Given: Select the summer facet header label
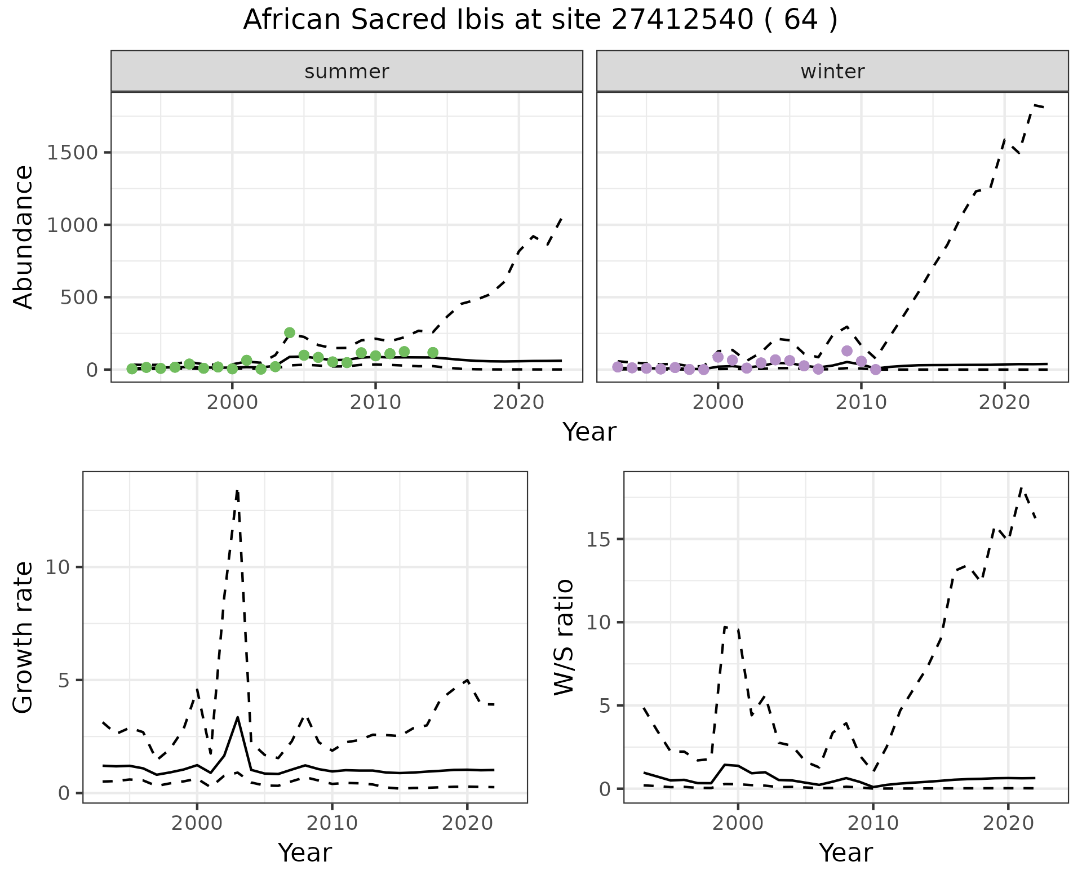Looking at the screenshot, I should (x=347, y=72).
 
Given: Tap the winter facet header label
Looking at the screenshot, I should (x=832, y=72).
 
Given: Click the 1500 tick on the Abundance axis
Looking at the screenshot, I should (x=73, y=153).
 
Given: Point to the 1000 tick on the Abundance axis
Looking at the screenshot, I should (x=73, y=225).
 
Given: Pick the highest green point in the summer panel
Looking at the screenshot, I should (x=290, y=332).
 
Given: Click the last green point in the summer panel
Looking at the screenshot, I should (x=433, y=353).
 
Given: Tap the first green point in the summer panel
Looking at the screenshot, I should (x=132, y=369).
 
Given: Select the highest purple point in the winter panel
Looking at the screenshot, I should (x=846, y=350).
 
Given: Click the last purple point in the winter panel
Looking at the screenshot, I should (x=875, y=370).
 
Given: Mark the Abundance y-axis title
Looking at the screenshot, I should (x=24, y=237).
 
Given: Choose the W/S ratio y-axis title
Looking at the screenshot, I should (x=564, y=637).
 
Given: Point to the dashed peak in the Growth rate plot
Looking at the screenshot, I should (x=237, y=491).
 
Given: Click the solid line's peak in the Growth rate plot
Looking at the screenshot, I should (x=238, y=717).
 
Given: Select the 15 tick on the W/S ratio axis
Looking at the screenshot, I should (x=598, y=539).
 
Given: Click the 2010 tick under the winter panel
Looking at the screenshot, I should (x=861, y=403).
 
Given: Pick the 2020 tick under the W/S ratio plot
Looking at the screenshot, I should (x=1008, y=823).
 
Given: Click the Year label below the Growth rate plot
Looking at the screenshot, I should (x=305, y=853).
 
